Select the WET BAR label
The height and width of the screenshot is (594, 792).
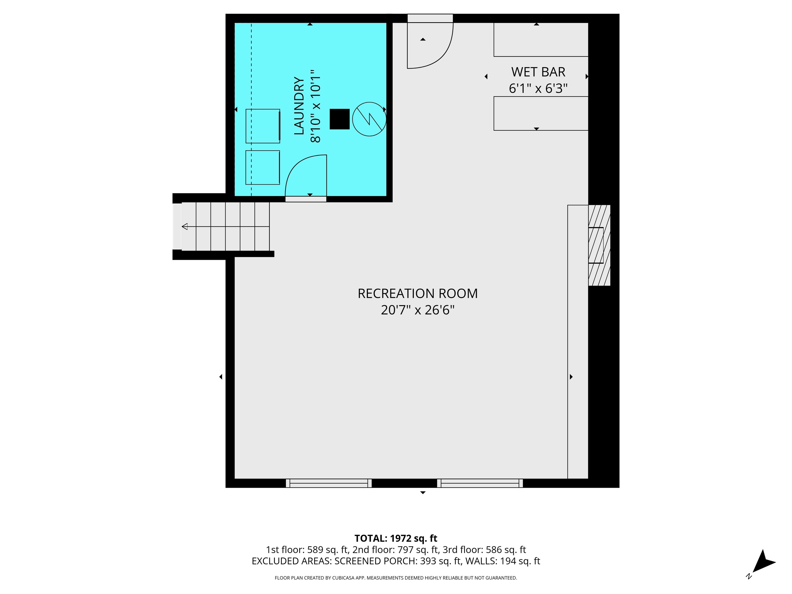click(x=538, y=72)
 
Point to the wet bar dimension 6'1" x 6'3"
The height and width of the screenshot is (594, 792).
click(x=538, y=88)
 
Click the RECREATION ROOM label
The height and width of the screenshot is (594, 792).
click(x=417, y=294)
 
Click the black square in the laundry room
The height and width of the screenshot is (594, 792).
click(x=339, y=119)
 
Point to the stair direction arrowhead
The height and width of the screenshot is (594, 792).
click(x=185, y=226)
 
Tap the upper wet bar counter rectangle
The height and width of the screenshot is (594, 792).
click(x=541, y=39)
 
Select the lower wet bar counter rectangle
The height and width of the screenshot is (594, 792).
click(x=541, y=113)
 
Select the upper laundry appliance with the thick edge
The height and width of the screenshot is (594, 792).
click(x=262, y=126)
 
